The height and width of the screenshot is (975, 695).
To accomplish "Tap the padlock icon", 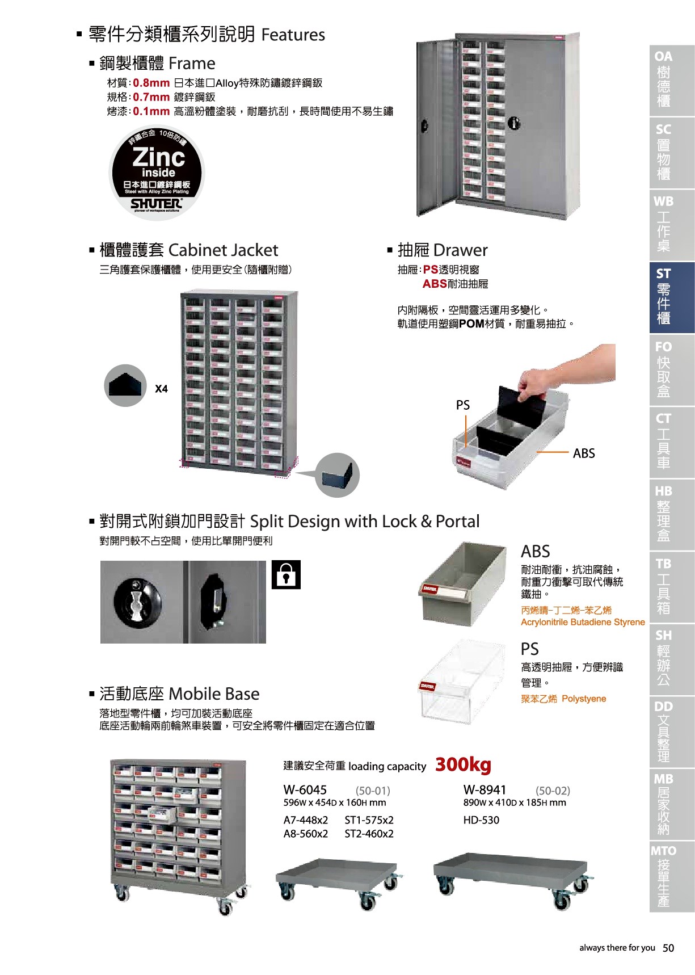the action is point(286,575).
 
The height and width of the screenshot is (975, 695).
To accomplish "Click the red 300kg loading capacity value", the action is point(463,764).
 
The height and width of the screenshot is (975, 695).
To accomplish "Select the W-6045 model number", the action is point(305,789).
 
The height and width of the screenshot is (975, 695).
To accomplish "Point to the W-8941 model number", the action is point(485,789).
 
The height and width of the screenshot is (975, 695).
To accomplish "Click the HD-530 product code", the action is point(481,819).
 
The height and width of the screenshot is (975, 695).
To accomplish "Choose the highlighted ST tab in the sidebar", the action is point(672,297).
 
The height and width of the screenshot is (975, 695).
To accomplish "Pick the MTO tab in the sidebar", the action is point(672,876).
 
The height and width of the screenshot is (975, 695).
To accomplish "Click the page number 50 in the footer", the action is point(668,948).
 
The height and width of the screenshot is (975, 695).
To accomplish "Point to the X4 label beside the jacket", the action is point(161,389).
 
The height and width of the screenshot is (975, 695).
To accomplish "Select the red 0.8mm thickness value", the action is point(151,83).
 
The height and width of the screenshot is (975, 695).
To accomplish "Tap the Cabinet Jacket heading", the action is point(189,250).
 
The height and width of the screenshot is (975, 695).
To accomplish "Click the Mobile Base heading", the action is point(179,694).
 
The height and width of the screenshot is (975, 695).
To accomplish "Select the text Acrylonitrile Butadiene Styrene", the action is point(583,622).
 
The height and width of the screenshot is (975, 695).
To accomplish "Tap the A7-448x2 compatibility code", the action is point(306,820).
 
